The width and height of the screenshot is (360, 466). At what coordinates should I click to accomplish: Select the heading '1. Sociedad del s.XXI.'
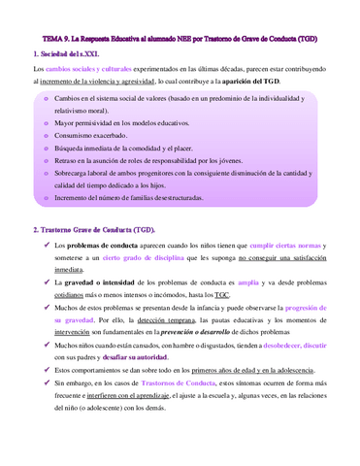(x=69, y=54)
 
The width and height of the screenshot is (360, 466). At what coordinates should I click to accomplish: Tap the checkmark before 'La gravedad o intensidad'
(x=47, y=289)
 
